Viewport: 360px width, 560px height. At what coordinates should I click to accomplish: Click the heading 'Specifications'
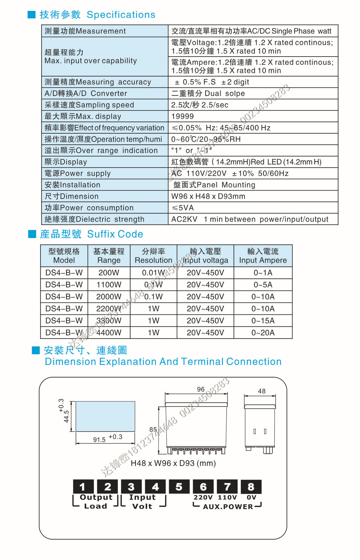tap(121, 15)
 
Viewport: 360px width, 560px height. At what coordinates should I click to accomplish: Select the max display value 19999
tap(182, 116)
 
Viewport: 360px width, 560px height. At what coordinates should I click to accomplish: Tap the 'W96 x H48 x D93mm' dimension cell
tap(208, 196)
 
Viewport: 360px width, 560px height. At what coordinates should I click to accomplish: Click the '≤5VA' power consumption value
tap(183, 208)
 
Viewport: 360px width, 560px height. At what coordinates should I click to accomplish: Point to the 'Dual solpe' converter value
tap(208, 93)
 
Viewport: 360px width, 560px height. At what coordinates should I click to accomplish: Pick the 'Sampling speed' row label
tap(89, 105)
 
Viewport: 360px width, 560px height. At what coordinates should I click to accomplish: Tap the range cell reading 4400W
tap(109, 332)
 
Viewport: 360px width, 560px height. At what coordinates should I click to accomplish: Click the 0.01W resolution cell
tap(153, 273)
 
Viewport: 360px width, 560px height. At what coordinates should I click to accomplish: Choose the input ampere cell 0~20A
tap(263, 332)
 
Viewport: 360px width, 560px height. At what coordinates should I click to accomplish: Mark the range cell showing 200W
tap(109, 273)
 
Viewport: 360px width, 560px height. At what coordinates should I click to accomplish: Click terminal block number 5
tap(179, 487)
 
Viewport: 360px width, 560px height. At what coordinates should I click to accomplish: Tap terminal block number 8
tap(251, 487)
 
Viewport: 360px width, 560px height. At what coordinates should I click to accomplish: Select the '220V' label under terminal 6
tap(203, 497)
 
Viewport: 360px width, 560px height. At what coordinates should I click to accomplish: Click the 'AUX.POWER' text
tap(228, 507)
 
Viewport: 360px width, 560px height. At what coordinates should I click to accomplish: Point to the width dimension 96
tap(201, 389)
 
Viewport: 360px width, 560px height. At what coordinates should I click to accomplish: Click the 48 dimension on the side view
tap(261, 391)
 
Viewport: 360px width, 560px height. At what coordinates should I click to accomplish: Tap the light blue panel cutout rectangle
tap(105, 416)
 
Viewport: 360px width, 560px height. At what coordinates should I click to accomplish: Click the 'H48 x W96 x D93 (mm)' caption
tap(173, 463)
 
